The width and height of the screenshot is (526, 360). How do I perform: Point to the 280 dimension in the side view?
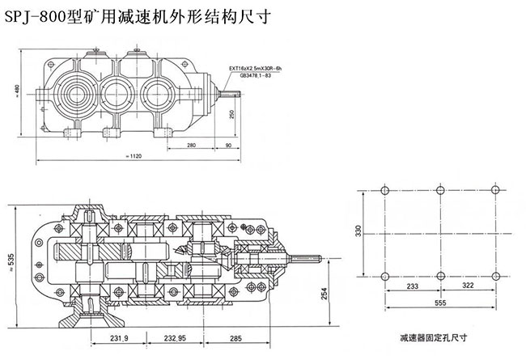click(192, 145)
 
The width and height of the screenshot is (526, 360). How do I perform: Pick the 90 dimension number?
click(229, 145)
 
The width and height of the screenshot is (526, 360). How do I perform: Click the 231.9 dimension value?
click(121, 337)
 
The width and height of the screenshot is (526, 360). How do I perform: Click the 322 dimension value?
click(464, 286)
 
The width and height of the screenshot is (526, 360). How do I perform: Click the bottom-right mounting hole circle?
click(493, 277)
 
